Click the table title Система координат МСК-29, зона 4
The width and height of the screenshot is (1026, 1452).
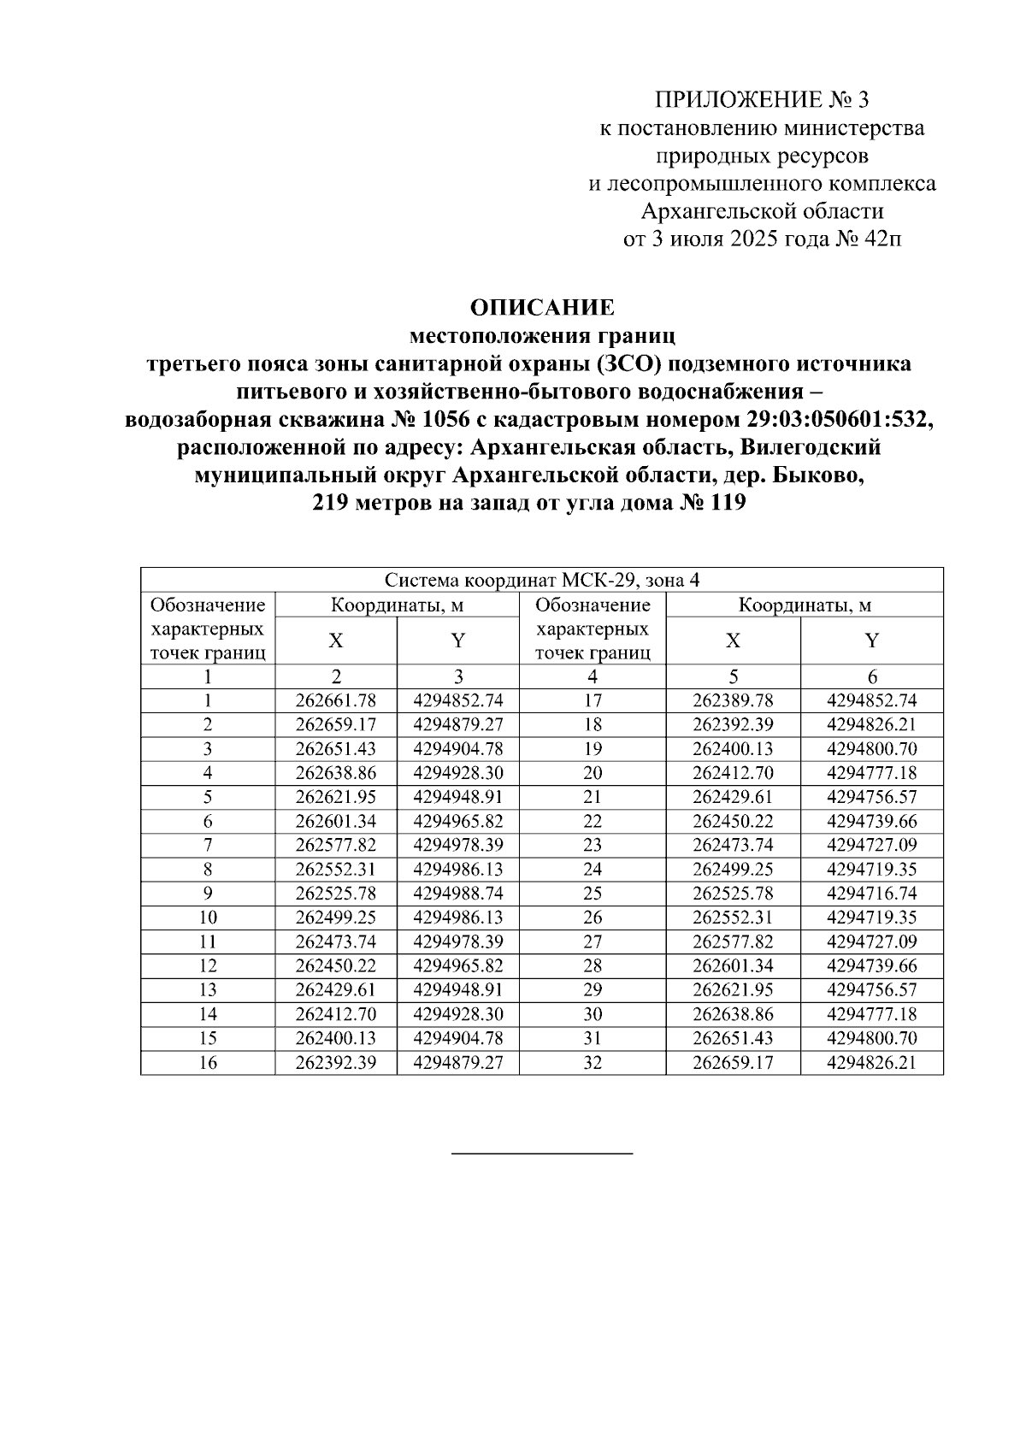[541, 581]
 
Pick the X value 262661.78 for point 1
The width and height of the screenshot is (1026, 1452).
[336, 700]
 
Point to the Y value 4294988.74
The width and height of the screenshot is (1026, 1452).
[457, 894]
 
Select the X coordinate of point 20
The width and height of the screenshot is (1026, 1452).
[733, 773]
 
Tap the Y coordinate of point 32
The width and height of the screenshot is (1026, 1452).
[871, 1063]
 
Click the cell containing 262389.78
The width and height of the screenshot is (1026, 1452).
[733, 700]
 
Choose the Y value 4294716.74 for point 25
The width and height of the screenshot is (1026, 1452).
[871, 894]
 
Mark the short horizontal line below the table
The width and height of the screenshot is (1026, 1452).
[542, 1154]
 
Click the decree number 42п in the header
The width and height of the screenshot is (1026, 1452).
[883, 239]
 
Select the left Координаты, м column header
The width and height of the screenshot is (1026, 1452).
[397, 605]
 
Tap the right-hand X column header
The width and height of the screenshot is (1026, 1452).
[733, 641]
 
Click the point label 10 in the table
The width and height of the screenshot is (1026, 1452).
[208, 918]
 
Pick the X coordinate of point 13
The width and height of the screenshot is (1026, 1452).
[336, 990]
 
